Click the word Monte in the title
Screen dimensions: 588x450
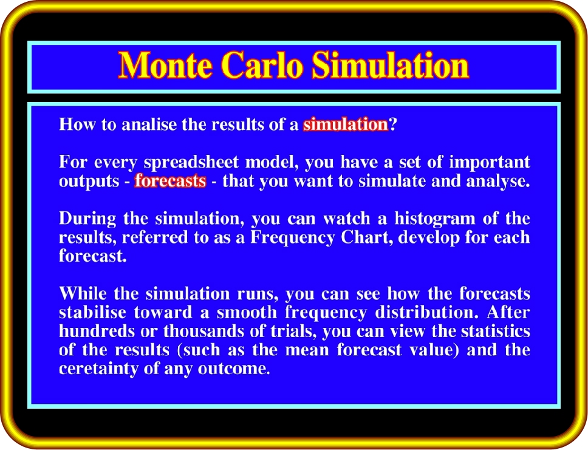tap(166, 65)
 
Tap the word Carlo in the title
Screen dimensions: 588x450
tap(262, 65)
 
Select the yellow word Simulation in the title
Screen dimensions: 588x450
tap(390, 65)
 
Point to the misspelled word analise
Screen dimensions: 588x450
tap(149, 124)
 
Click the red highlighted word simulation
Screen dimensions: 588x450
tap(346, 124)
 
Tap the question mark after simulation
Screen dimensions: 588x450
tap(392, 124)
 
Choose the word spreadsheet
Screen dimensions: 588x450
tap(191, 162)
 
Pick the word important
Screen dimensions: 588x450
tap(490, 162)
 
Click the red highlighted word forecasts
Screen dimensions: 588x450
tap(170, 181)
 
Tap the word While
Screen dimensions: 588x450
tap(83, 293)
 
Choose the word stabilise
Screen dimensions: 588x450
tap(92, 312)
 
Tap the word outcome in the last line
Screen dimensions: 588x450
tap(233, 368)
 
